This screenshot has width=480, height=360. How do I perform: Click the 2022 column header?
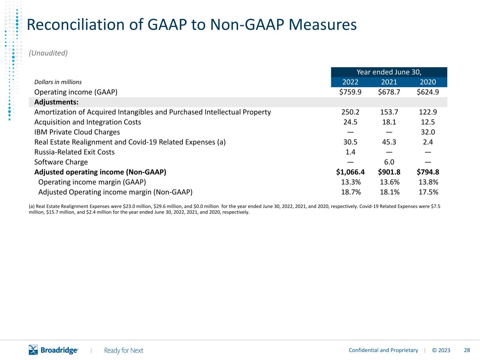350,82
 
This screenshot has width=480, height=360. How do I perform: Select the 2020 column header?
428,82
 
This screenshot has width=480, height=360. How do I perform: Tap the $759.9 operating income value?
350,92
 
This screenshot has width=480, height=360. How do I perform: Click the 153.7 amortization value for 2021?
389,112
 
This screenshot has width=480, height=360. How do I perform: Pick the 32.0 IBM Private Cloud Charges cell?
428,132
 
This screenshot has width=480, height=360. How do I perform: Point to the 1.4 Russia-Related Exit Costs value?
350,152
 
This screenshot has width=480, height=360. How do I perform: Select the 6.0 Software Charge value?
389,162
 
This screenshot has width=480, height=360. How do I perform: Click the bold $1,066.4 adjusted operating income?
350,172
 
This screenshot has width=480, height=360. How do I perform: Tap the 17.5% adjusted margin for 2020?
428,192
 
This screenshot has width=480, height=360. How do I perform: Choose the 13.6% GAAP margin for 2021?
390,182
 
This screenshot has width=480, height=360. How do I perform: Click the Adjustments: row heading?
56,102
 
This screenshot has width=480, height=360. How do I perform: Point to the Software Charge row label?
61,162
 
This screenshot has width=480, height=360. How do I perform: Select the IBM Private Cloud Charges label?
77,132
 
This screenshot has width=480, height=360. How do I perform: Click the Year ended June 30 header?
389,72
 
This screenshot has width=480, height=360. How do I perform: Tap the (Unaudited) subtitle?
48,53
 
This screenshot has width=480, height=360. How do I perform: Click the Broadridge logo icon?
33,350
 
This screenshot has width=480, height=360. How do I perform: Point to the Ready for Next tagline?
123,351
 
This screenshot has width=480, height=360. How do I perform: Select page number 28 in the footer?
467,350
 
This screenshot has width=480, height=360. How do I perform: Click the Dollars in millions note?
58,82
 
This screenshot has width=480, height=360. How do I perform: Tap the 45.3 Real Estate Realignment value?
389,142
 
